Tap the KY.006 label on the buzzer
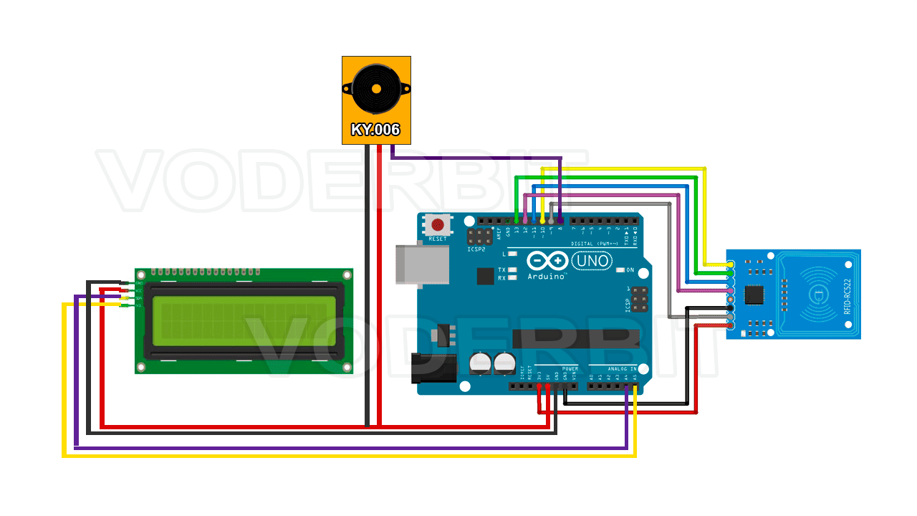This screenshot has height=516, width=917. point(375,130)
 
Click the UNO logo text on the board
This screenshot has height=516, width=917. point(593,261)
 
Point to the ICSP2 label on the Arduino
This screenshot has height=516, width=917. point(476,249)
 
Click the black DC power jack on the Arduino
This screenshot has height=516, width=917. point(434,368)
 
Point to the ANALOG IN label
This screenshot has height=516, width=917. point(622,368)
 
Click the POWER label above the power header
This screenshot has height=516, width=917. point(570,368)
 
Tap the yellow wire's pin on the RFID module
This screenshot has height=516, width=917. point(730,264)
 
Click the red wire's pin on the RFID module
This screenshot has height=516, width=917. point(730,325)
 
